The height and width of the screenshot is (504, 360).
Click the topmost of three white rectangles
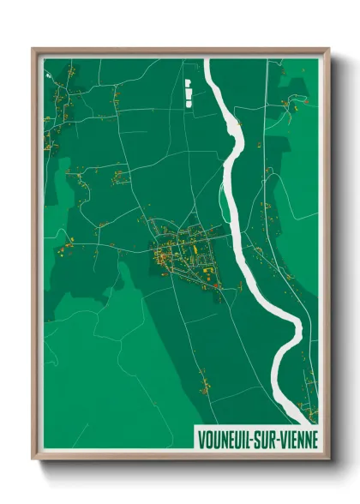(x=186, y=83)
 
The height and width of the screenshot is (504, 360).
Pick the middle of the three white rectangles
(x=186, y=92)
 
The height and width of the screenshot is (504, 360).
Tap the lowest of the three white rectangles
(x=186, y=100)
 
